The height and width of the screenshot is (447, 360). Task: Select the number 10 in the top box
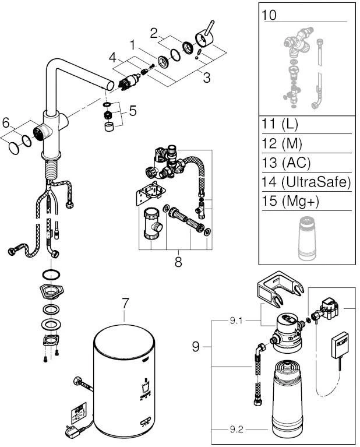tap(270, 14)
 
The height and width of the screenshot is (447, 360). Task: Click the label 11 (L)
tap(284, 125)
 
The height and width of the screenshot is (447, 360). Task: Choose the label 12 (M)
tap(285, 143)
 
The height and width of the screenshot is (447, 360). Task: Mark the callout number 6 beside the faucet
tap(6, 123)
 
